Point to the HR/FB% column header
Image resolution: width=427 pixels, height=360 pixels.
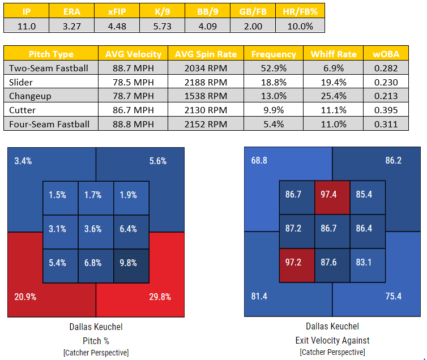[x=300, y=12]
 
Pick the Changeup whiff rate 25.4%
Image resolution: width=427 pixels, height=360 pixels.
[x=334, y=96]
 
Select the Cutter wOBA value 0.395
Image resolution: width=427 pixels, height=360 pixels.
[x=386, y=110]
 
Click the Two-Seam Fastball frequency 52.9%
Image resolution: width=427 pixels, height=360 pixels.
[x=274, y=68]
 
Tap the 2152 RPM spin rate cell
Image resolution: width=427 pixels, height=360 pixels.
[x=206, y=123]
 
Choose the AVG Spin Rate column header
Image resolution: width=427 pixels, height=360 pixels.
[x=206, y=54]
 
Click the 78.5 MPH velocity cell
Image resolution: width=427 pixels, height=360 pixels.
[x=134, y=82]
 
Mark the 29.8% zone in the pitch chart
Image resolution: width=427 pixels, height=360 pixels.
[x=159, y=297]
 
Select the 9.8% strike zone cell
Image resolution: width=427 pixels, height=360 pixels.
[x=131, y=263]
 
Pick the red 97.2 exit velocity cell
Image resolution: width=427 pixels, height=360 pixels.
[x=297, y=263]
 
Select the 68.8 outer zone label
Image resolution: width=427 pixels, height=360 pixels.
[x=259, y=161]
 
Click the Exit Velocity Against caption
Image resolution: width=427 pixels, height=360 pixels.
[x=332, y=340]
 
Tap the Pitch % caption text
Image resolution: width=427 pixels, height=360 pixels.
[x=96, y=340]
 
